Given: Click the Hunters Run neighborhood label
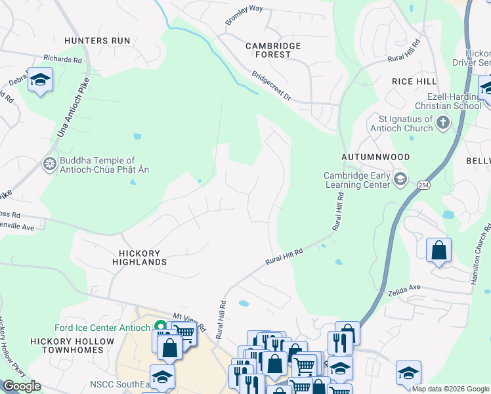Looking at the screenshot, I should click(x=97, y=41).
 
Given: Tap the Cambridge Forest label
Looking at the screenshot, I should click(x=272, y=50).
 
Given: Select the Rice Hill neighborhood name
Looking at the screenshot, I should click(x=414, y=81).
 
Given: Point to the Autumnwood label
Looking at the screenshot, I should click(x=375, y=158).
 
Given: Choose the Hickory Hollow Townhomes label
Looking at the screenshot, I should click(x=67, y=345).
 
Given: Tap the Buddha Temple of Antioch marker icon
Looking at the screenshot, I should click(x=49, y=164).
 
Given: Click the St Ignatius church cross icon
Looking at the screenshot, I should click(x=443, y=123).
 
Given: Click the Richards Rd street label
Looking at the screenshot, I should click(x=62, y=59).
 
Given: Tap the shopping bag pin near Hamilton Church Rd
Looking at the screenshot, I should click(x=438, y=251).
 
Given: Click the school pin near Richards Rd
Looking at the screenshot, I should click(x=41, y=81).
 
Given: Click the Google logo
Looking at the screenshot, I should click(x=21, y=386).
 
